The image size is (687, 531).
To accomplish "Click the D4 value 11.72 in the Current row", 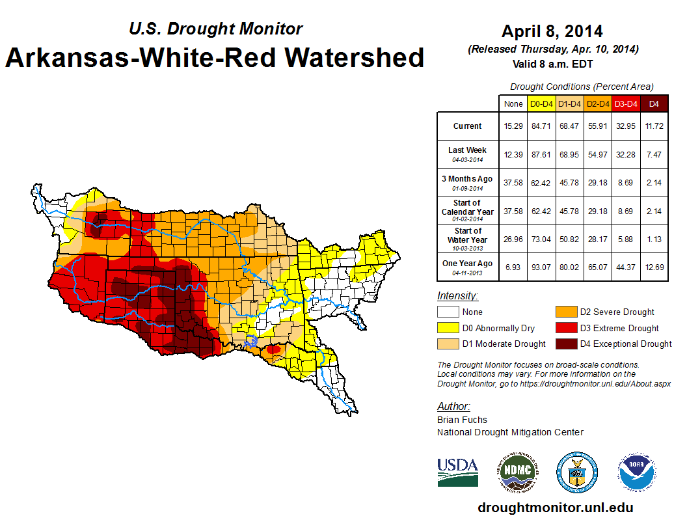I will tap(654, 126).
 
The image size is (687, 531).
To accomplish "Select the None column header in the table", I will tap(513, 103).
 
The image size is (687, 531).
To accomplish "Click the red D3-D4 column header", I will tap(626, 103).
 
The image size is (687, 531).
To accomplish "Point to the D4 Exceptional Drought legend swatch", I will tap(565, 344).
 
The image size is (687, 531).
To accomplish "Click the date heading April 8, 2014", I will tap(552, 31).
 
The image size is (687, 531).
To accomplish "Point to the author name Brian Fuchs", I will tap(462, 420).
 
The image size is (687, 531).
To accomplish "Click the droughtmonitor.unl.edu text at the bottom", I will tap(555, 508).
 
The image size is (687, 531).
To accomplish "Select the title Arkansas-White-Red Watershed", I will tap(215, 57).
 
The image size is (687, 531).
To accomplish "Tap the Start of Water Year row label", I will tap(468, 236).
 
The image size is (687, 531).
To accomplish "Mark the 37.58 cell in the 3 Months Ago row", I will tap(513, 182).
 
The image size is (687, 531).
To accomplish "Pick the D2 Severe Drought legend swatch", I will tap(565, 312).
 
